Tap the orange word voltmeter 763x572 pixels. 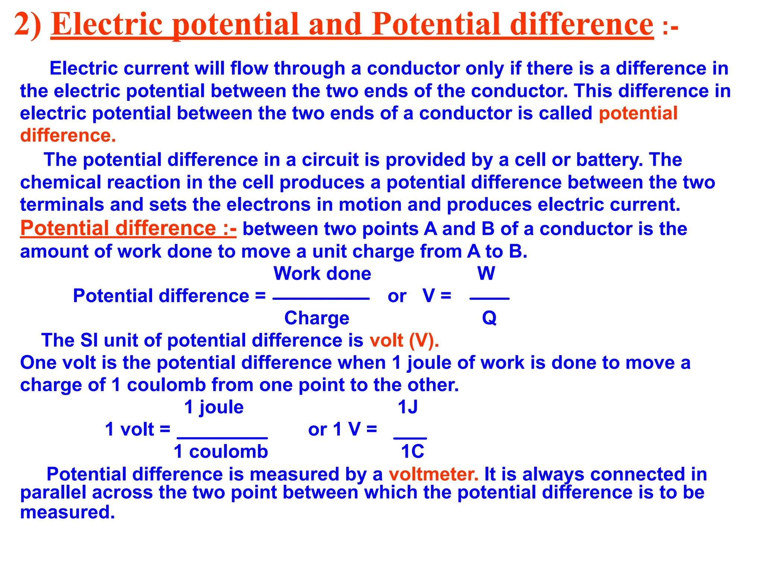pos(433,474)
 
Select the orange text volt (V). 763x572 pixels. pos(404,340)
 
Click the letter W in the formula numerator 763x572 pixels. pos(486,274)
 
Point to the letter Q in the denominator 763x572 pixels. pos(489,318)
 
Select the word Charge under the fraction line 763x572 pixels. pos(317,318)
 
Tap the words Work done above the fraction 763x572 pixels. pos(322,274)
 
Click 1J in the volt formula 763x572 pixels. pos(408,407)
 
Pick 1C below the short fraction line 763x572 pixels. pos(412,452)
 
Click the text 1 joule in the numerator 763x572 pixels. pos(214,407)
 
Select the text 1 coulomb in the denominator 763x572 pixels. pos(221,452)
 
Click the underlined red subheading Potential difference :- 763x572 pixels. pos(128,228)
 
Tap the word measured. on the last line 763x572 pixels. pos(67,512)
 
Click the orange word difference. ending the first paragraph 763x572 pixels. pos(68,136)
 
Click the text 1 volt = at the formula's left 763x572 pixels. pos(137,429)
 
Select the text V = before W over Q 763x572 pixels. pos(437,296)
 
